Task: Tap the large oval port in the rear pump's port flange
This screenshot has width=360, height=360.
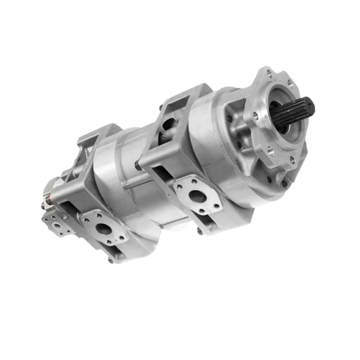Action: (103, 229)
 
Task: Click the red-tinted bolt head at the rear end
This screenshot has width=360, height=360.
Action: (47, 204)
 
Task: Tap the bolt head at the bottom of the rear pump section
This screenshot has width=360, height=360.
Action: (111, 260)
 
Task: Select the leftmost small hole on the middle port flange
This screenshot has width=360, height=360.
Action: (179, 187)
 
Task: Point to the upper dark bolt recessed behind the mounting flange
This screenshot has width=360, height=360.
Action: (230, 118)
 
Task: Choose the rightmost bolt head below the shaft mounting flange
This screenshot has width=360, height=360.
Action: (284, 182)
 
